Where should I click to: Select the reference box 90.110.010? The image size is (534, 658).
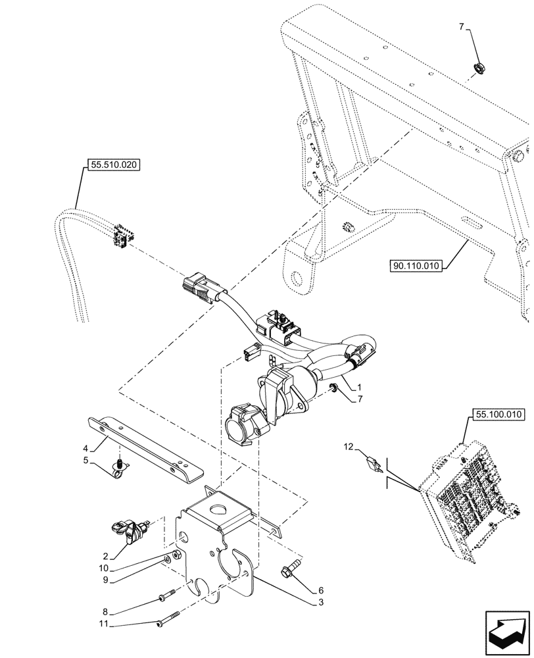(x=418, y=266)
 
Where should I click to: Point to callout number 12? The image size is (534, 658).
(x=349, y=447)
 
